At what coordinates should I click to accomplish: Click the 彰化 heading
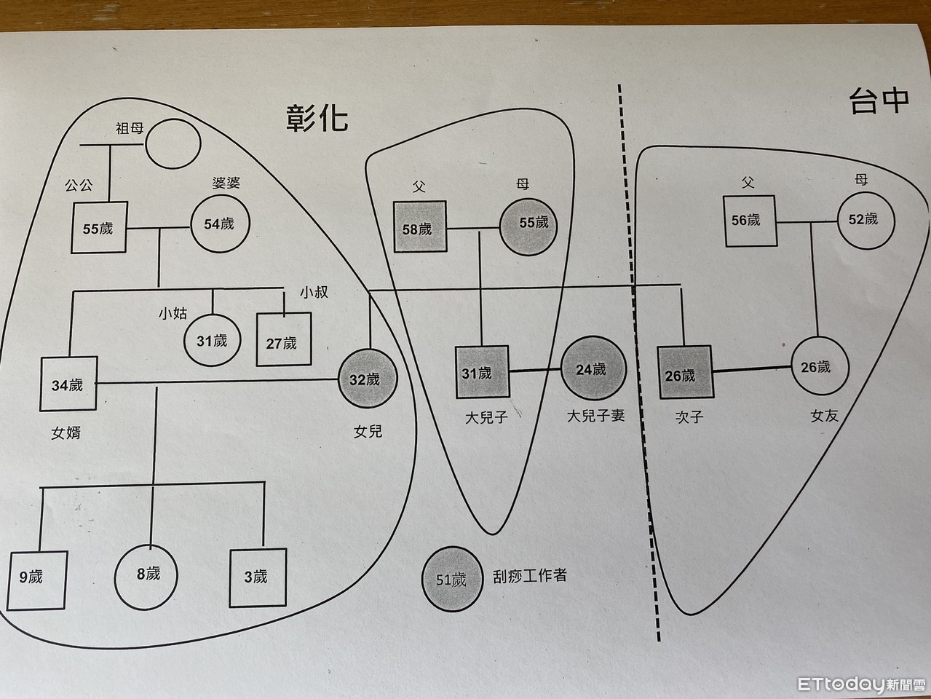tap(316, 116)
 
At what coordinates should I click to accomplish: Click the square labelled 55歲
tap(98, 229)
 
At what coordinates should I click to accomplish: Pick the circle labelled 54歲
tap(220, 224)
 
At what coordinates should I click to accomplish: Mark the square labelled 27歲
tap(283, 340)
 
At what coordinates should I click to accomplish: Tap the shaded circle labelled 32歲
tap(368, 379)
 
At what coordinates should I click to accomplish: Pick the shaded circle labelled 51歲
tap(452, 580)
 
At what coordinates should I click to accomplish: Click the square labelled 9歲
tap(38, 578)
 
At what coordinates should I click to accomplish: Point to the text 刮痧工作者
tap(529, 575)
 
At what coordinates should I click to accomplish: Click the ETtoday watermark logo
tap(860, 684)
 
